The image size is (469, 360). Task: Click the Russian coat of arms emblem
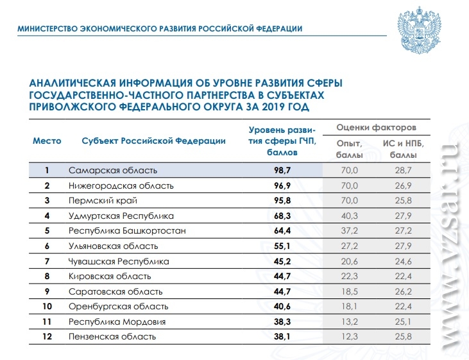click(420, 30)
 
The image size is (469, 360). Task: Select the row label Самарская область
click(113, 170)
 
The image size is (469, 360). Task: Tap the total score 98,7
click(282, 170)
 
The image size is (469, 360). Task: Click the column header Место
click(47, 141)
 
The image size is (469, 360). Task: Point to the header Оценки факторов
click(376, 128)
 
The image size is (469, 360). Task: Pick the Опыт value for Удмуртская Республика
click(350, 216)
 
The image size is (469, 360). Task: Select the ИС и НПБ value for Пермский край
click(403, 200)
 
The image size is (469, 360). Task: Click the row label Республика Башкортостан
click(127, 231)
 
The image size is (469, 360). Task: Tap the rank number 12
click(47, 336)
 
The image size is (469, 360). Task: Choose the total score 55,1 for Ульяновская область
click(282, 246)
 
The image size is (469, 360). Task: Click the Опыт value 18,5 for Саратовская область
click(350, 291)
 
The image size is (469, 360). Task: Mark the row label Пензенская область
click(112, 336)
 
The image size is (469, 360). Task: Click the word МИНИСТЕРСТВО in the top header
click(47, 29)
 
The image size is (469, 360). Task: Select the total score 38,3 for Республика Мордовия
click(282, 321)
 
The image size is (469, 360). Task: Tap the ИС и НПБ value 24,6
click(403, 261)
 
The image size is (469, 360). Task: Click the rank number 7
click(47, 261)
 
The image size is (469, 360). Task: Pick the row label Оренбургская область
click(119, 307)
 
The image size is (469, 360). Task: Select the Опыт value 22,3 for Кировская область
click(350, 276)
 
